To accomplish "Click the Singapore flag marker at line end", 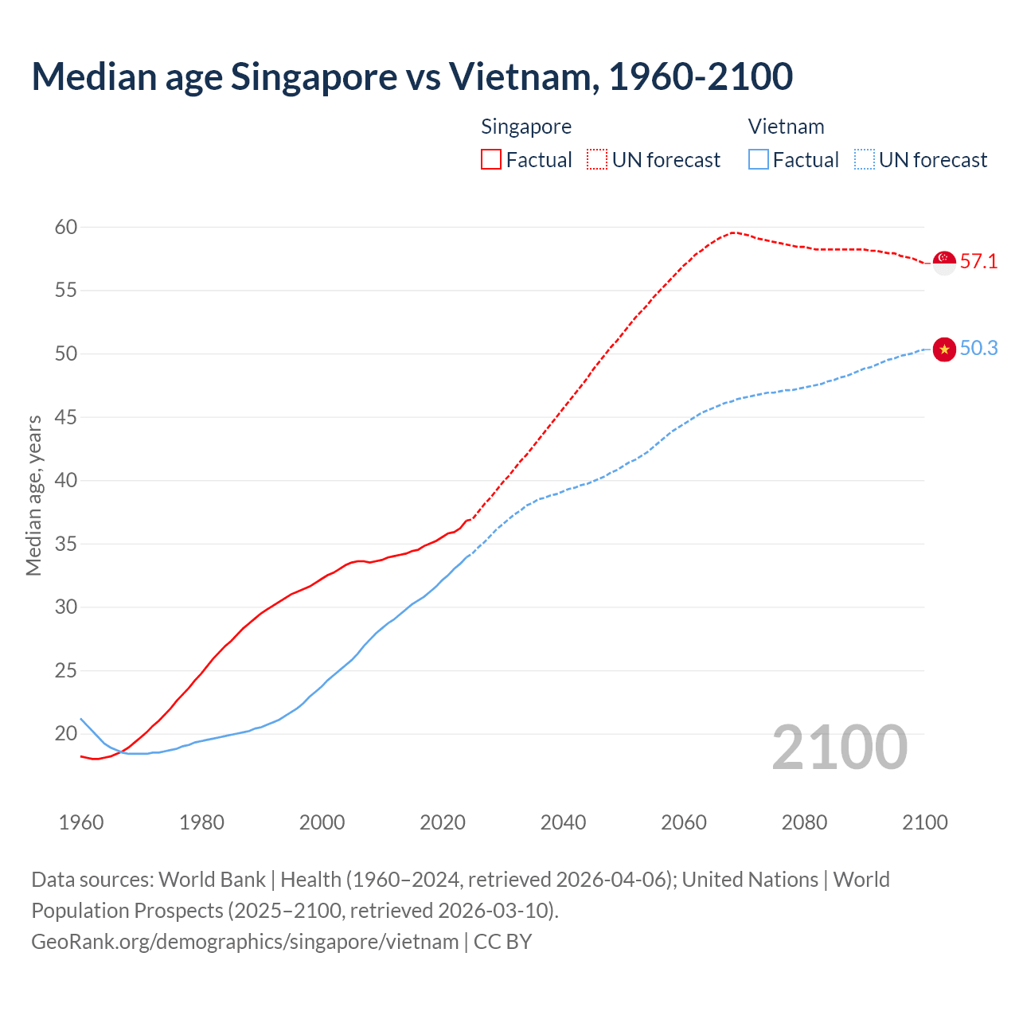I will click(x=944, y=262).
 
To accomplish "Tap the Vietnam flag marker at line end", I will click(x=944, y=349).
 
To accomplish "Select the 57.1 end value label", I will click(x=978, y=262).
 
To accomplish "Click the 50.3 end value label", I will click(x=978, y=349).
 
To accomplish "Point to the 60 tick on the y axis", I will click(x=66, y=228).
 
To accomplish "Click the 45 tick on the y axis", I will click(x=66, y=417).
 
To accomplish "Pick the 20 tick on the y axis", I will click(x=66, y=733).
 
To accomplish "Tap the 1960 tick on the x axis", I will click(x=81, y=822).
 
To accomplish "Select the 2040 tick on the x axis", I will click(x=563, y=822).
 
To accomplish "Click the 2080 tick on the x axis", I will click(x=804, y=822).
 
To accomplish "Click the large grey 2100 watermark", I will click(x=840, y=748).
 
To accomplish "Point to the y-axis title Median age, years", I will click(x=33, y=495).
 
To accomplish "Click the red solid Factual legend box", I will click(x=491, y=160).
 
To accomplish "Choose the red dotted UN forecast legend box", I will click(x=597, y=160).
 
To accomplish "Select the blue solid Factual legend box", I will click(x=759, y=160).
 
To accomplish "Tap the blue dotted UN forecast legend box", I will click(x=865, y=160).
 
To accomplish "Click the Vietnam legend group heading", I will click(x=786, y=127).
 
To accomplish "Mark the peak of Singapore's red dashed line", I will click(x=733, y=232).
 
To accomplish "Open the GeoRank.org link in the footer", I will click(x=245, y=942).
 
